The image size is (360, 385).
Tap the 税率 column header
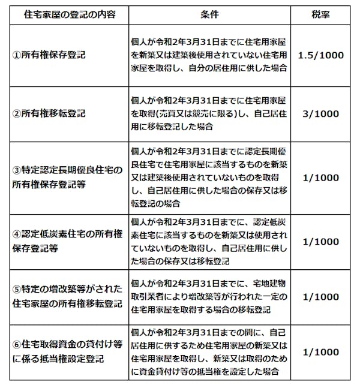point(320,13)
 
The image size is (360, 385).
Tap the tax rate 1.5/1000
point(320,55)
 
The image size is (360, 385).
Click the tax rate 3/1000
point(320,113)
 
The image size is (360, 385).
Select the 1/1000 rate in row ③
point(320,178)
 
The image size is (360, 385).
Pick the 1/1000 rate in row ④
point(320,240)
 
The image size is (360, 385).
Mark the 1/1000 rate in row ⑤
point(320,297)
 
